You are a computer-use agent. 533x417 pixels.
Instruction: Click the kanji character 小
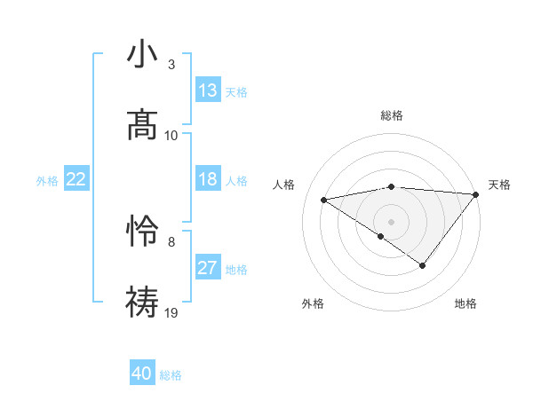[142, 55]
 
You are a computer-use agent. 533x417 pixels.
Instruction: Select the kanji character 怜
[142, 232]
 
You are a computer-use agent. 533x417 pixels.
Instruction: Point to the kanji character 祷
[142, 301]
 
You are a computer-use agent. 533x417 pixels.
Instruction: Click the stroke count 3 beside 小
[171, 65]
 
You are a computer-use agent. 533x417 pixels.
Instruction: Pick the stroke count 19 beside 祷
[171, 312]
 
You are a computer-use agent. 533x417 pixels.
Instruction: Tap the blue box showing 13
[208, 90]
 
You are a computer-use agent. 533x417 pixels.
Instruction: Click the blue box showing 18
[208, 179]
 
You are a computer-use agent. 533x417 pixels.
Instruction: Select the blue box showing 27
[208, 268]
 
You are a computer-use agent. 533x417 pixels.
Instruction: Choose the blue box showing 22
[76, 179]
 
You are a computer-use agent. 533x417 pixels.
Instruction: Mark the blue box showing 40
[141, 374]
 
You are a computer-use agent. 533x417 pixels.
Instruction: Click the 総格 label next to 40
[171, 375]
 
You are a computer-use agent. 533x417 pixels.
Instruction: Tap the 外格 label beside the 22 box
[47, 181]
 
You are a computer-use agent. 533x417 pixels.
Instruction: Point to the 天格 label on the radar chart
[499, 185]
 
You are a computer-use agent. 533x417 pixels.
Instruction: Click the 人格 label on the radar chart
[284, 185]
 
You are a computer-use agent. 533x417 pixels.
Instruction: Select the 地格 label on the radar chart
[465, 303]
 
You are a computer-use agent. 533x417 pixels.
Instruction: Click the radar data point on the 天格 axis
[475, 194]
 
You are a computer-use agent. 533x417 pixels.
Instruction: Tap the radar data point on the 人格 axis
[324, 199]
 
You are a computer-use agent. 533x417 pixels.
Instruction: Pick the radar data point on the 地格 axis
[423, 265]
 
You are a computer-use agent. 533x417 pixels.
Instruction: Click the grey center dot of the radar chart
[391, 221]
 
